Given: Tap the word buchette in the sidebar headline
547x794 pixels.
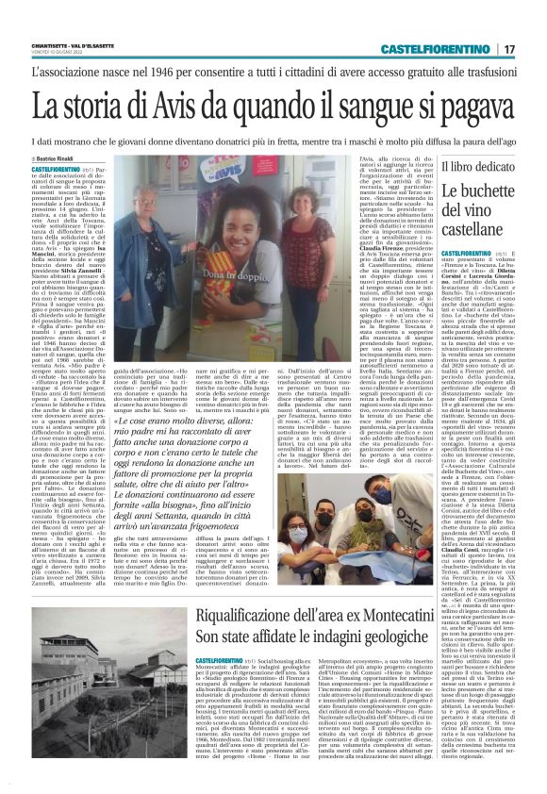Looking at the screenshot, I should (474, 193).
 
